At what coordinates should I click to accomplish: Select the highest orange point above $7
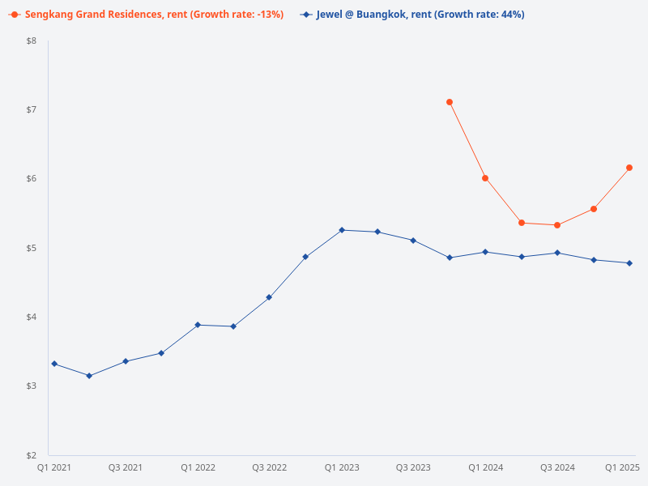[450, 102]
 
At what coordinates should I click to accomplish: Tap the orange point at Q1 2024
[485, 178]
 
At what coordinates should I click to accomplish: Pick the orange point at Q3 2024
[557, 225]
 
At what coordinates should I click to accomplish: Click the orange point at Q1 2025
[629, 168]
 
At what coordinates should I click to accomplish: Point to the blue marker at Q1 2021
[54, 364]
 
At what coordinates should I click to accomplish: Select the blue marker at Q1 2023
[342, 230]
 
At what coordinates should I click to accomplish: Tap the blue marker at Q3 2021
[126, 361]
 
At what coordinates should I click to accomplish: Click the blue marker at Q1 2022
[198, 325]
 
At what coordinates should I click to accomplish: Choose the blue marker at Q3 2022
[269, 297]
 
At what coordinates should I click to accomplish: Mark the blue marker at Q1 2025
[629, 263]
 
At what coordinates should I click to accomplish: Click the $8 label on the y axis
[31, 40]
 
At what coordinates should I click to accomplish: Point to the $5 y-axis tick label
[31, 248]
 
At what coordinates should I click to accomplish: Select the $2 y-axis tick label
[31, 455]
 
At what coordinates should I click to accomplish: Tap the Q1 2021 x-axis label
[54, 468]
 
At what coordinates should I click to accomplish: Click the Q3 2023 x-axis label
[413, 468]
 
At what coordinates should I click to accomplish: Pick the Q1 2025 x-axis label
[623, 468]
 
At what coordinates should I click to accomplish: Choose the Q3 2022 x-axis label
[269, 468]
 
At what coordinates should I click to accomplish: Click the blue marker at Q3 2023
[413, 241]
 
